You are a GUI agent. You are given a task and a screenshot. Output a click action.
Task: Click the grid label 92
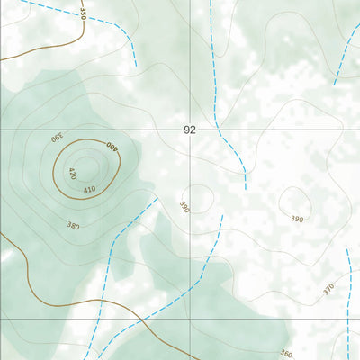coord(189,130)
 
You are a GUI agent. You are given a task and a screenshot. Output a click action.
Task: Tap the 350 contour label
coord(83,13)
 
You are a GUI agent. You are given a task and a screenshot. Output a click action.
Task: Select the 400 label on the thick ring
coord(112,146)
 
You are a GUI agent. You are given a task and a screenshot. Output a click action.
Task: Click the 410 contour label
coord(90,190)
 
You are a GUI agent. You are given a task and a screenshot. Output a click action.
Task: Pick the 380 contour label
coord(73,226)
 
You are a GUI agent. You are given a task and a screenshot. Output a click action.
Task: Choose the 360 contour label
coord(286,354)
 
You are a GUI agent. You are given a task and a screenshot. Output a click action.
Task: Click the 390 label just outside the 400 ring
coord(56,137)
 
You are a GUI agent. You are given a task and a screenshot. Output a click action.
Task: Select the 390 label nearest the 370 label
coord(297,219)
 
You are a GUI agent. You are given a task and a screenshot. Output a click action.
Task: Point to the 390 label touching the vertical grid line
coord(184,207)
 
